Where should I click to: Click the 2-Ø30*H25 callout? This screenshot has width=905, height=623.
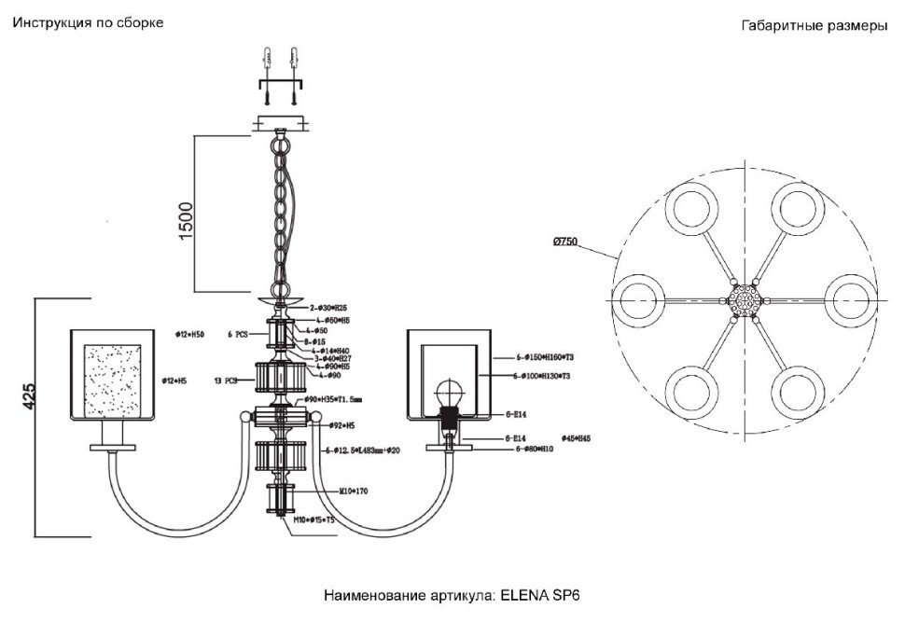[328, 307]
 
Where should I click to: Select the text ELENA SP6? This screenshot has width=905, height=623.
[542, 595]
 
